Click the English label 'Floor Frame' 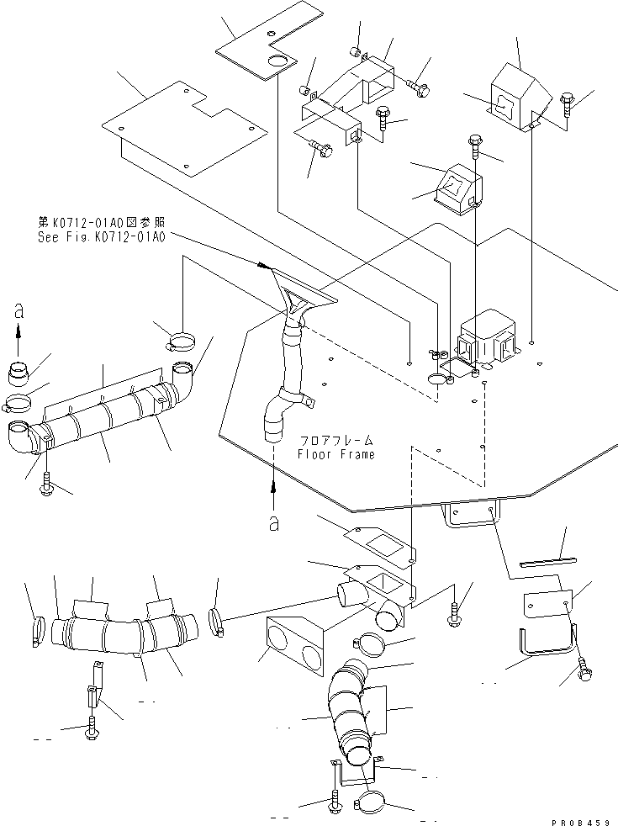(336, 454)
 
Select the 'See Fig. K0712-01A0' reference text (102, 237)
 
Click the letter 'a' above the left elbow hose (18, 311)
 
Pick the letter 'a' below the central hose (273, 523)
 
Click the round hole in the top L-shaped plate (277, 61)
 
